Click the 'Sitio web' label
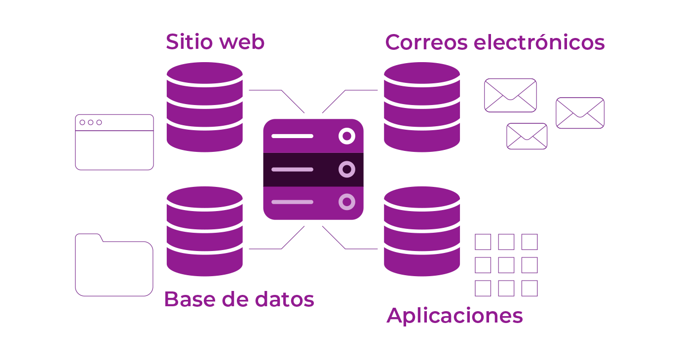click(215, 42)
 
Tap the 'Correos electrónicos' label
click(494, 42)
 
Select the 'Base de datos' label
click(239, 299)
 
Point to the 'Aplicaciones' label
click(454, 316)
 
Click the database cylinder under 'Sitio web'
click(204, 107)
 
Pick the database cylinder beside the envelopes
click(422, 107)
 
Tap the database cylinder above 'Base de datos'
click(204, 231)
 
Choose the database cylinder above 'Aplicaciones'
click(422, 231)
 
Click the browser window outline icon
click(114, 142)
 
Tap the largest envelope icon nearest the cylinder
click(510, 95)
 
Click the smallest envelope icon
click(527, 136)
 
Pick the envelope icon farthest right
click(580, 113)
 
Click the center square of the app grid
click(506, 265)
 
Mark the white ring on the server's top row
click(347, 136)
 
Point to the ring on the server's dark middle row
click(347, 169)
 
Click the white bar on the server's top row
click(292, 136)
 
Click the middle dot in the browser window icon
click(91, 122)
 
